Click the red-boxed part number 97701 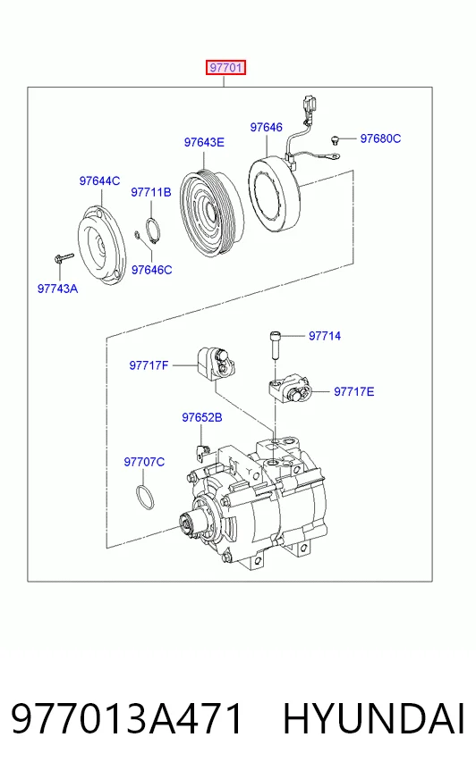point(225,67)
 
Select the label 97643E point(204,142)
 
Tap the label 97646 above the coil point(266,127)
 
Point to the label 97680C point(380,138)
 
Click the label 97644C point(99,180)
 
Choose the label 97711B point(150,192)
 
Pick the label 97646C point(152,270)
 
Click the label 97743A point(57,289)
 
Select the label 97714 point(325,336)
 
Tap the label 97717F point(149,365)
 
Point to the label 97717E point(353,391)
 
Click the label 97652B point(202,417)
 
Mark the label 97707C point(144,462)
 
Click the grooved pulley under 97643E point(212,214)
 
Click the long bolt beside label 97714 point(276,345)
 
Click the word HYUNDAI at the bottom point(373,718)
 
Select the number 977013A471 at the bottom point(126,718)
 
